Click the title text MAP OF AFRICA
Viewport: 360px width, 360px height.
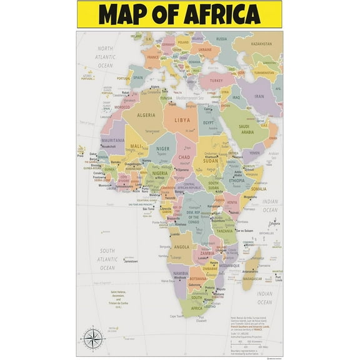coord(179,14)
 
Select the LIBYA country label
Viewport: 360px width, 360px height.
coord(182,120)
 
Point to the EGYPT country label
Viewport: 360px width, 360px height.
coord(209,122)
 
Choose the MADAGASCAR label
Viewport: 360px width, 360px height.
coord(252,279)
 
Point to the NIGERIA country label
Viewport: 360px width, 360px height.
coord(161,173)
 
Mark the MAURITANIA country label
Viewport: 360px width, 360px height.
coord(114,141)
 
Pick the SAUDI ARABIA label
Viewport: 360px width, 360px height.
coord(247,129)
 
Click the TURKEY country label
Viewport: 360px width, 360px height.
coord(217,81)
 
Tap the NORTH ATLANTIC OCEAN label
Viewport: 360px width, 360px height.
coord(104,57)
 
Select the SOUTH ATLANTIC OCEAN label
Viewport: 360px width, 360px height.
coord(107,259)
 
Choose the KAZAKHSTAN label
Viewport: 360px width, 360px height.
coord(261,44)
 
